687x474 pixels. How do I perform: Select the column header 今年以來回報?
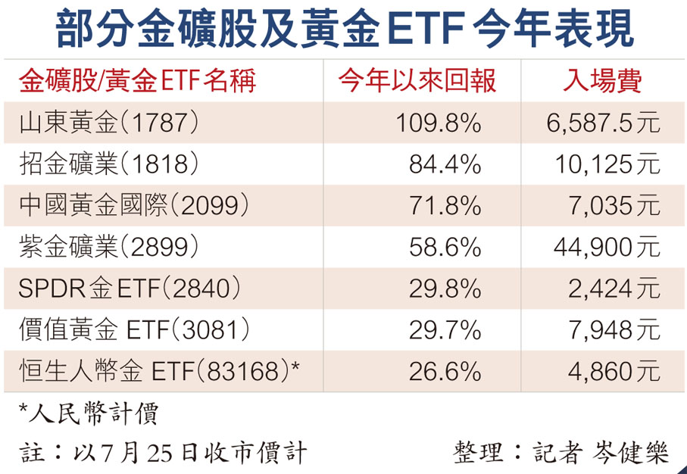[x=417, y=80]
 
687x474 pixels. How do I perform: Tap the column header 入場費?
[x=603, y=80]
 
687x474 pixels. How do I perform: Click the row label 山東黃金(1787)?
[x=111, y=123]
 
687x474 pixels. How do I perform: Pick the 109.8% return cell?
[x=438, y=123]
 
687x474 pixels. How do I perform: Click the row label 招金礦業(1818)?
[x=111, y=164]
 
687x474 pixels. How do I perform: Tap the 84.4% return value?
[x=445, y=164]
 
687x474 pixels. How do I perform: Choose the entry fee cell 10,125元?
[x=612, y=164]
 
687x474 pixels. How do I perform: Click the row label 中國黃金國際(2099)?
[x=133, y=205]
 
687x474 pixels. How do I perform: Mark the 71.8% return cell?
[x=445, y=205]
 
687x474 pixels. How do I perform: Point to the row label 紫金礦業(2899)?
[x=111, y=247]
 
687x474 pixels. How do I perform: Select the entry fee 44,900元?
[x=612, y=247]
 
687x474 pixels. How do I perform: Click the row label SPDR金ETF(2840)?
[x=130, y=288]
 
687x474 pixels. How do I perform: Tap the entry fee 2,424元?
[x=617, y=288]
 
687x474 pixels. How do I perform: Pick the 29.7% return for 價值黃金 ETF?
[x=445, y=329]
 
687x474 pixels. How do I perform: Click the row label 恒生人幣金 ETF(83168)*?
[x=159, y=371]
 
